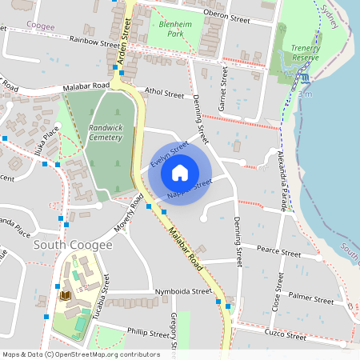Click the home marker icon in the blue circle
(180, 173)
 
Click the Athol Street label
(164, 93)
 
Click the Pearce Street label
(278, 252)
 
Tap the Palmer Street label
(311, 300)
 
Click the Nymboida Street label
(182, 291)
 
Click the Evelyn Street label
(169, 154)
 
